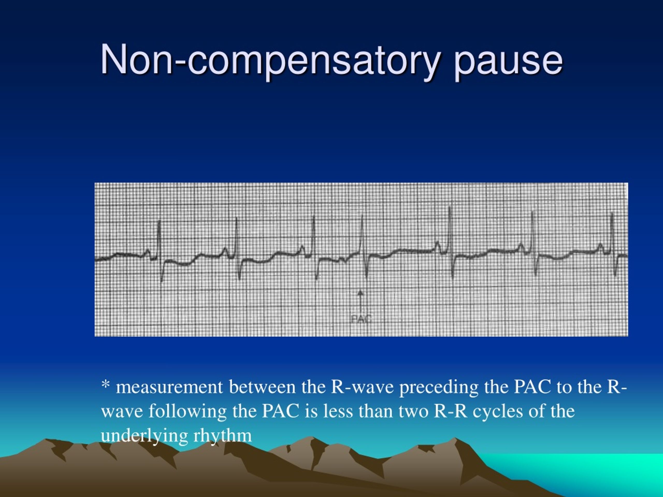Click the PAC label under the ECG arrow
click(x=361, y=319)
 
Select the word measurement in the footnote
click(x=169, y=387)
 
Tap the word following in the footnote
click(x=187, y=412)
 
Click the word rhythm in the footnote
click(x=222, y=436)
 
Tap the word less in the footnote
click(x=338, y=412)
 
